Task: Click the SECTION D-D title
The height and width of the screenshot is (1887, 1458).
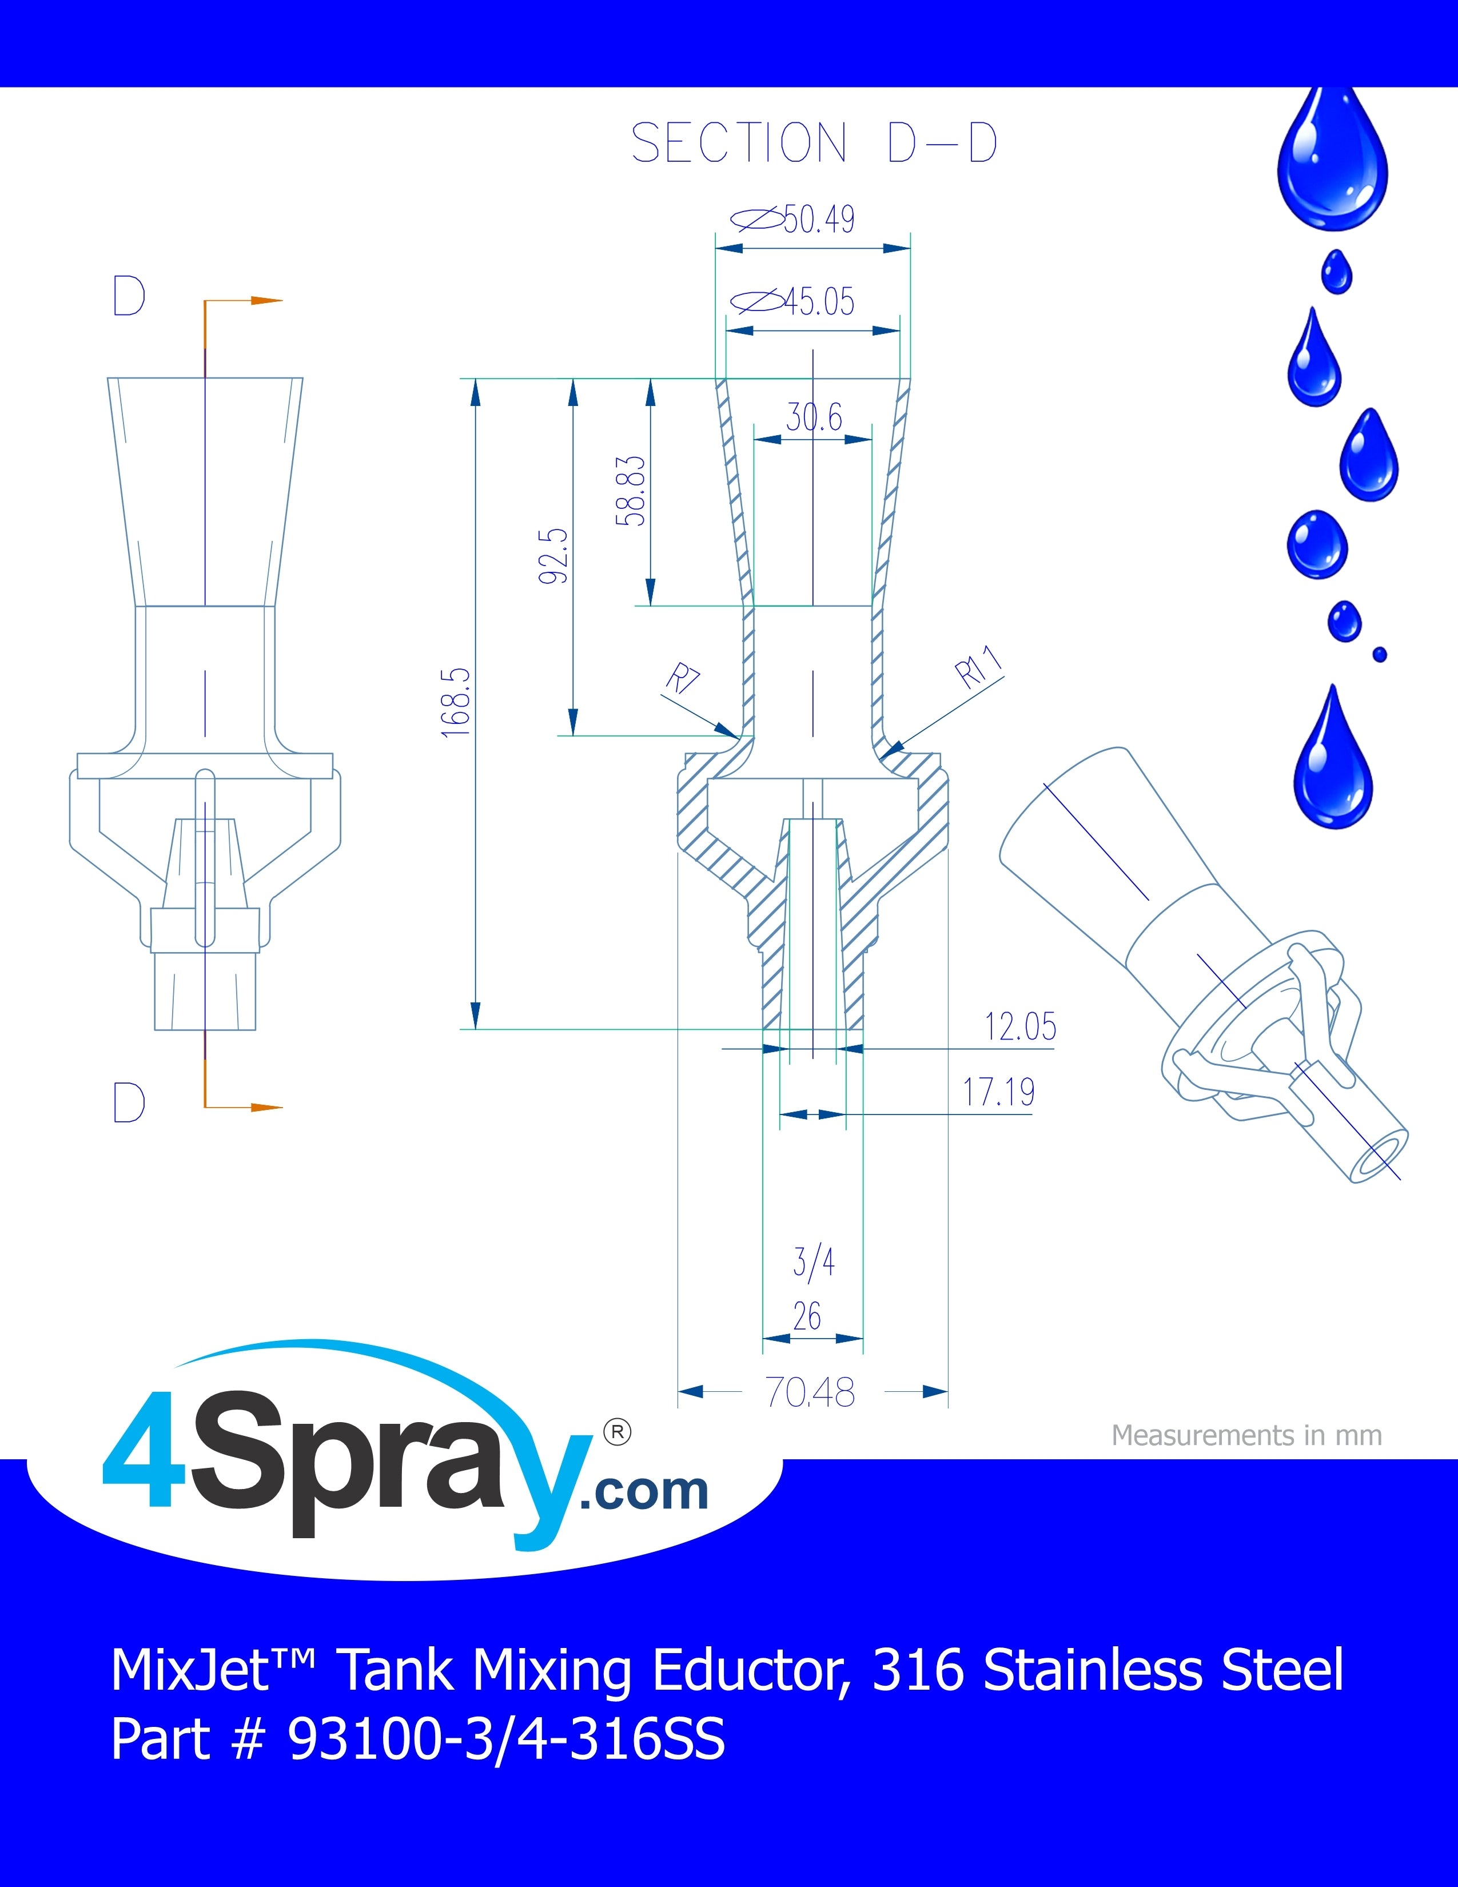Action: pos(815,142)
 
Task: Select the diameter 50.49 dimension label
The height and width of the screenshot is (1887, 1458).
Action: pos(793,220)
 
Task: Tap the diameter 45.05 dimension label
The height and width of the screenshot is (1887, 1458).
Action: pos(793,301)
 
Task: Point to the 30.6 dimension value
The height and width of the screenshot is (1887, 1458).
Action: pos(814,417)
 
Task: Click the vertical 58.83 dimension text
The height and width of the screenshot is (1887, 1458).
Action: pos(631,491)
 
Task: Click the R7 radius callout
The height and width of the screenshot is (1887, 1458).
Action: pos(682,678)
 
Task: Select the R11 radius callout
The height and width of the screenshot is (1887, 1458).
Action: pos(979,666)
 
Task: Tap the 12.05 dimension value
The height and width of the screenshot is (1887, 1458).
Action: pos(1020,1026)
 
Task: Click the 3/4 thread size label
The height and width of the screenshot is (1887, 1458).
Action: pos(814,1263)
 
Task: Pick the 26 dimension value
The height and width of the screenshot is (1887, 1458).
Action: pos(807,1317)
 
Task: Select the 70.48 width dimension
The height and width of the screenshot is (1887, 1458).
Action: pos(810,1392)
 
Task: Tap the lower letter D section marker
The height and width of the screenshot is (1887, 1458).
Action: pos(129,1102)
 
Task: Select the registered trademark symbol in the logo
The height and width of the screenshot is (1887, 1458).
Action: pos(617,1432)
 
